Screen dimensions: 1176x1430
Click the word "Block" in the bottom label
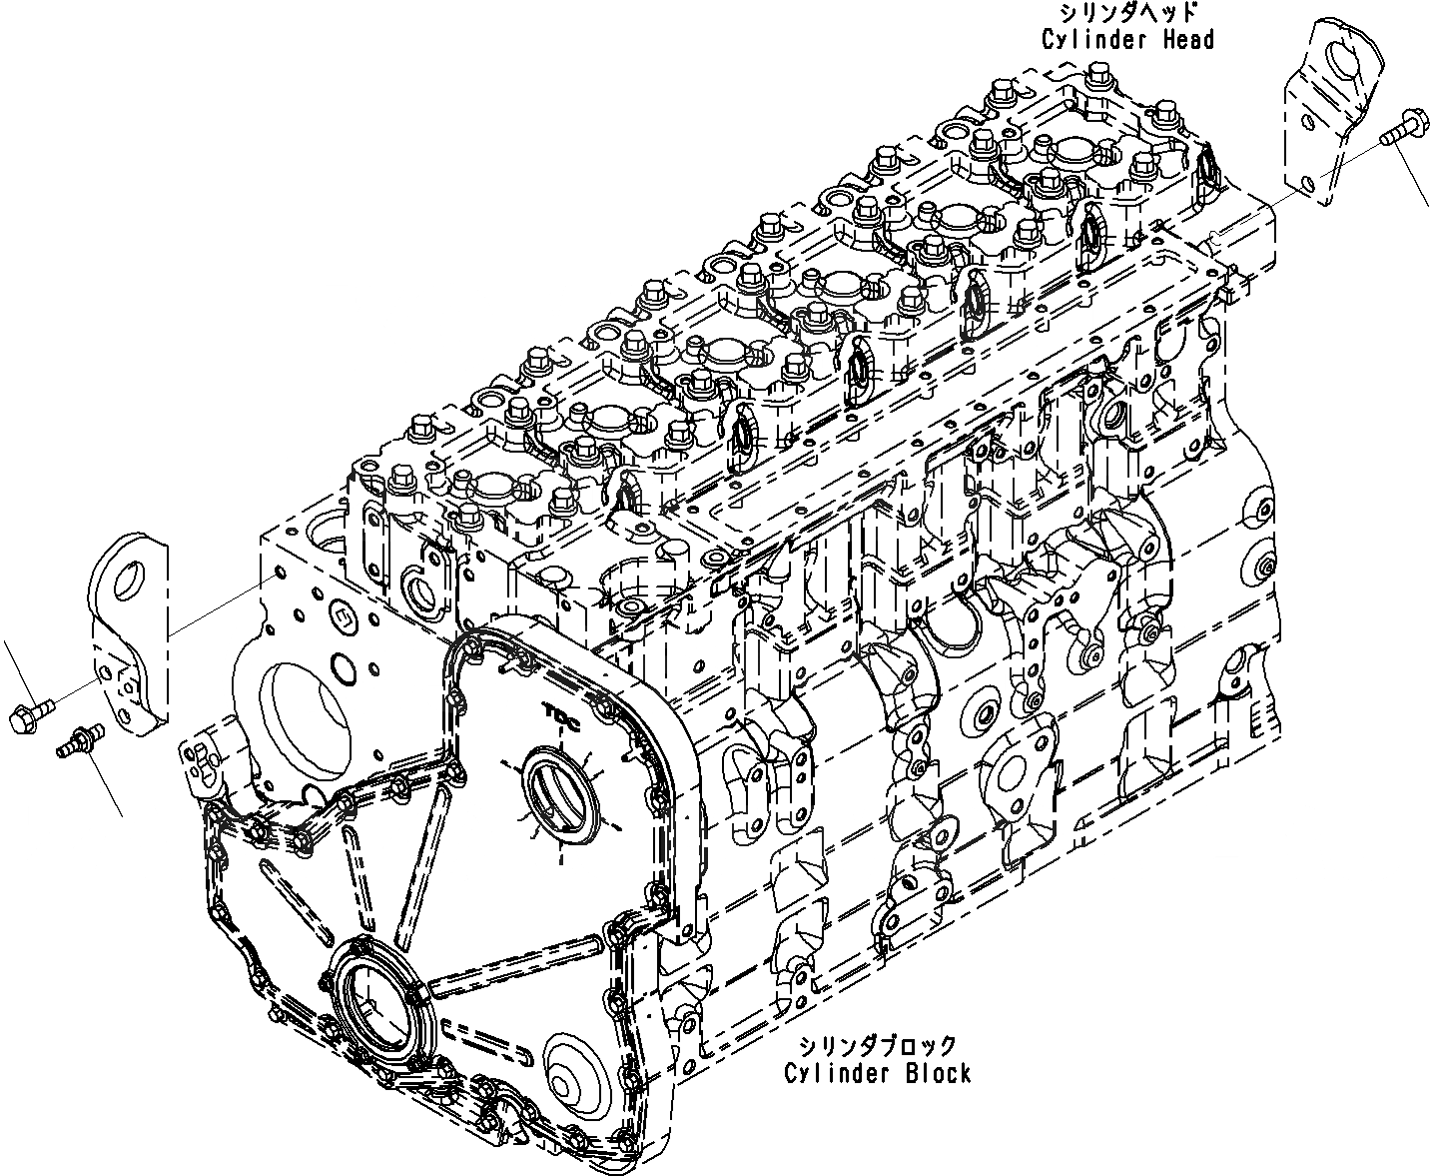(x=933, y=1073)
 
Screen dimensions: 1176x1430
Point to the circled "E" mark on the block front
(x=340, y=616)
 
